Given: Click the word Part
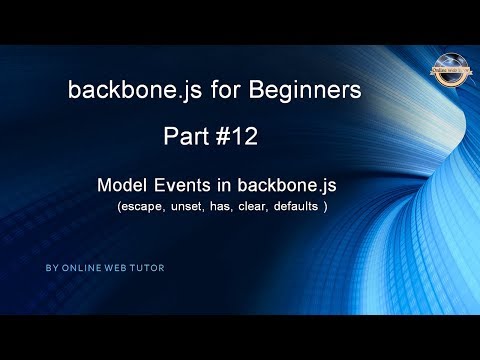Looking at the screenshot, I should [188, 136].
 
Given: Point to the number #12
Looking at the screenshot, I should [240, 136].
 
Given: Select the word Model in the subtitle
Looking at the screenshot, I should [123, 186].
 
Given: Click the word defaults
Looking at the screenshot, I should [314, 208].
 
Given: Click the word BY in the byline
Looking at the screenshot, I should [51, 269].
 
